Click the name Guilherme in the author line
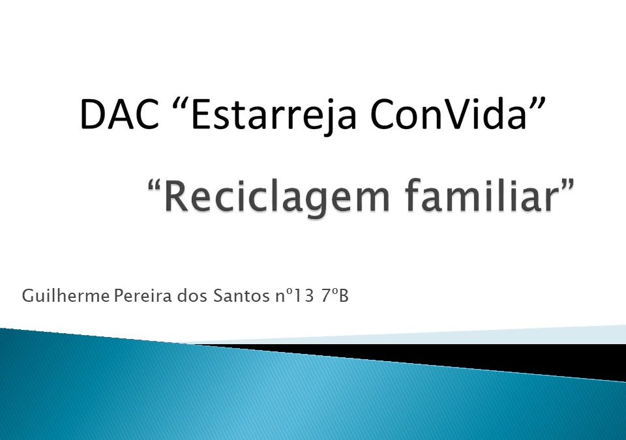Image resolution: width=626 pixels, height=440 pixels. tap(66, 297)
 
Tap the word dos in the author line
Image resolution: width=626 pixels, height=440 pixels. tap(193, 297)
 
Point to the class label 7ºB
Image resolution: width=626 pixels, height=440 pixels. tap(335, 297)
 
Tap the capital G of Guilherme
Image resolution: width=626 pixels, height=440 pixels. tap(27, 297)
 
